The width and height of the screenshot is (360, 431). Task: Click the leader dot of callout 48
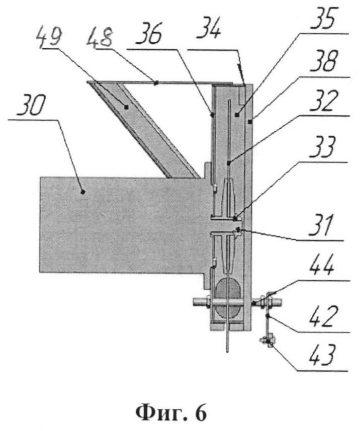156,82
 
